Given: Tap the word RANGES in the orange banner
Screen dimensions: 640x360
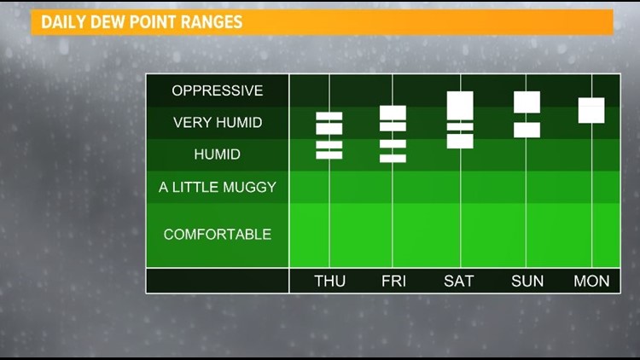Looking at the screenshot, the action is click(x=212, y=22).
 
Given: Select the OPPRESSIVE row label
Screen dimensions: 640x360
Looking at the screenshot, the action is click(x=217, y=90).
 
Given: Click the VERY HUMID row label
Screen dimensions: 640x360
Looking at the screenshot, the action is click(x=218, y=123).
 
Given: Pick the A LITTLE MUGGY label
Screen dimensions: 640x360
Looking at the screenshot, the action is click(x=218, y=187).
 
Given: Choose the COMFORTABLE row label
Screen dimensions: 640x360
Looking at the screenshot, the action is click(x=218, y=235).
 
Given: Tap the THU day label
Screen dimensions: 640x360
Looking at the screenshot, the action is click(x=329, y=281).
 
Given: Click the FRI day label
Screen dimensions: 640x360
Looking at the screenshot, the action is click(x=394, y=281).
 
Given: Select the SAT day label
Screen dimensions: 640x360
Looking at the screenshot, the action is click(x=459, y=281).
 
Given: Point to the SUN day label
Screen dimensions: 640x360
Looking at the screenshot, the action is click(x=527, y=281).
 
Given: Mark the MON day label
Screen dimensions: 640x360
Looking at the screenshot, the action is click(x=591, y=281).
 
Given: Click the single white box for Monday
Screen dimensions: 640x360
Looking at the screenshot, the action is click(x=591, y=110).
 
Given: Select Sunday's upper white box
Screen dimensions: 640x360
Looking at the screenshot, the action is click(x=527, y=102).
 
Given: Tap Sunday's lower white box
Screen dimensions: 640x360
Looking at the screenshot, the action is click(x=527, y=131).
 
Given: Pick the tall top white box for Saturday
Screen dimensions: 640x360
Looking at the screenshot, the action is click(x=460, y=106).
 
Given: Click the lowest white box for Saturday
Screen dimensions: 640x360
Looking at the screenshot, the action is click(x=460, y=142).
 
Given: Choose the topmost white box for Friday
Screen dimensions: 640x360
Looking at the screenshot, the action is click(x=393, y=113).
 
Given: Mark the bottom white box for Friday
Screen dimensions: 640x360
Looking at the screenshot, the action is click(x=393, y=159).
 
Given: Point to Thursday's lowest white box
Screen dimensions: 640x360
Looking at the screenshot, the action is click(x=329, y=154).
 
